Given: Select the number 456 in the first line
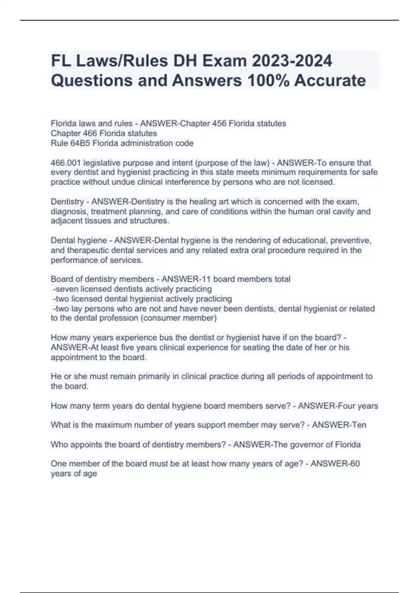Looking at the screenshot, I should pos(219,123).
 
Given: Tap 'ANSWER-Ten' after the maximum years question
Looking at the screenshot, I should pos(339,425).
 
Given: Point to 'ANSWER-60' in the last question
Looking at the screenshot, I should pos(335,464).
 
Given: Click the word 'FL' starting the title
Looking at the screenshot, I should pos(60,61).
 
